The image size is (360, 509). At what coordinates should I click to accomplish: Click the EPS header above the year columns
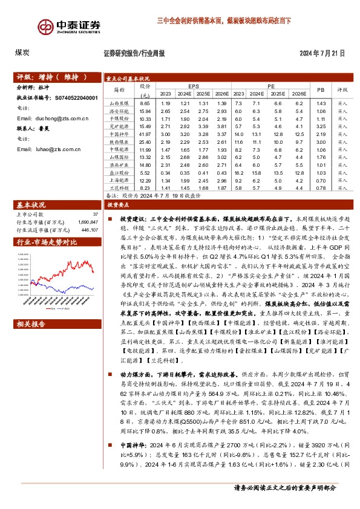point(193,86)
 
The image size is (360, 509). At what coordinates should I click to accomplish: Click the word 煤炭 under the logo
point(24,53)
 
